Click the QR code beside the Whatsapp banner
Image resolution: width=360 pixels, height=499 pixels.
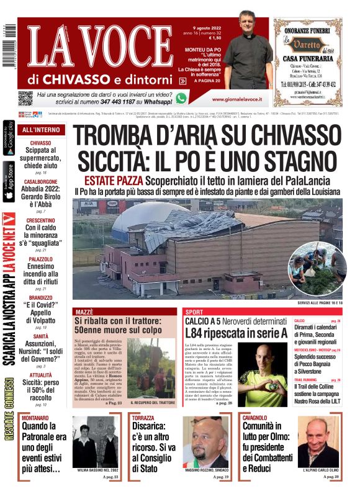click(x=25, y=97)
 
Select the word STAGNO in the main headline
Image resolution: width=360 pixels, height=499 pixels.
click(x=290, y=160)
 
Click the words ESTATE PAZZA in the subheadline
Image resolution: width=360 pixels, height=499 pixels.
click(x=114, y=180)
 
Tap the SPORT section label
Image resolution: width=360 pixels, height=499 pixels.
click(x=194, y=311)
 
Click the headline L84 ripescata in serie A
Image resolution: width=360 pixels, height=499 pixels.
click(x=236, y=333)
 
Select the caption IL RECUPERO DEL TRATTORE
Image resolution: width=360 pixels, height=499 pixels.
click(x=154, y=403)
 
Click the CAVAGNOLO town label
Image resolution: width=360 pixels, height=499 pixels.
click(x=255, y=418)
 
